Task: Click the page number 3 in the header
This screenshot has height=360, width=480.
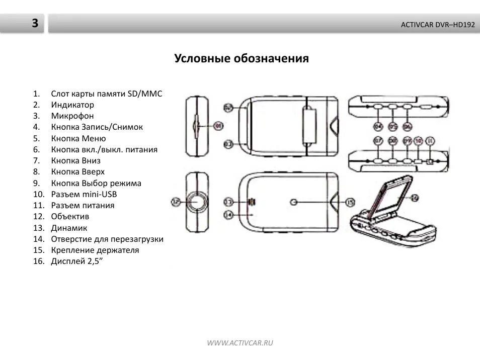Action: coord(34,23)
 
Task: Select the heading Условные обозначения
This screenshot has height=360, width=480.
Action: coord(242,58)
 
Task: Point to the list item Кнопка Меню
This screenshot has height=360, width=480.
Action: coord(78,138)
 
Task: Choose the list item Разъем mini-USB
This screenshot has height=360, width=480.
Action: coord(84,194)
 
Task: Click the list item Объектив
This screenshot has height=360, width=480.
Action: coord(70,216)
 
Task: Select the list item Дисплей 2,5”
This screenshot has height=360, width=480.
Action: coord(76,261)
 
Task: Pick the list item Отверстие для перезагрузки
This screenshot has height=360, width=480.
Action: coord(107,239)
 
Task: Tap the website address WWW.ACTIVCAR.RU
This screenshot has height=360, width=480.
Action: coord(240,343)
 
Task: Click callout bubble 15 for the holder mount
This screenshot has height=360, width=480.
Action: coord(350,202)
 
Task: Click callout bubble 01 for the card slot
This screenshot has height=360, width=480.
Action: coord(217,126)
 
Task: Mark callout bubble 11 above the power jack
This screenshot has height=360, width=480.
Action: coord(429,142)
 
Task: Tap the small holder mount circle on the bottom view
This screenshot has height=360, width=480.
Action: coord(295,202)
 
